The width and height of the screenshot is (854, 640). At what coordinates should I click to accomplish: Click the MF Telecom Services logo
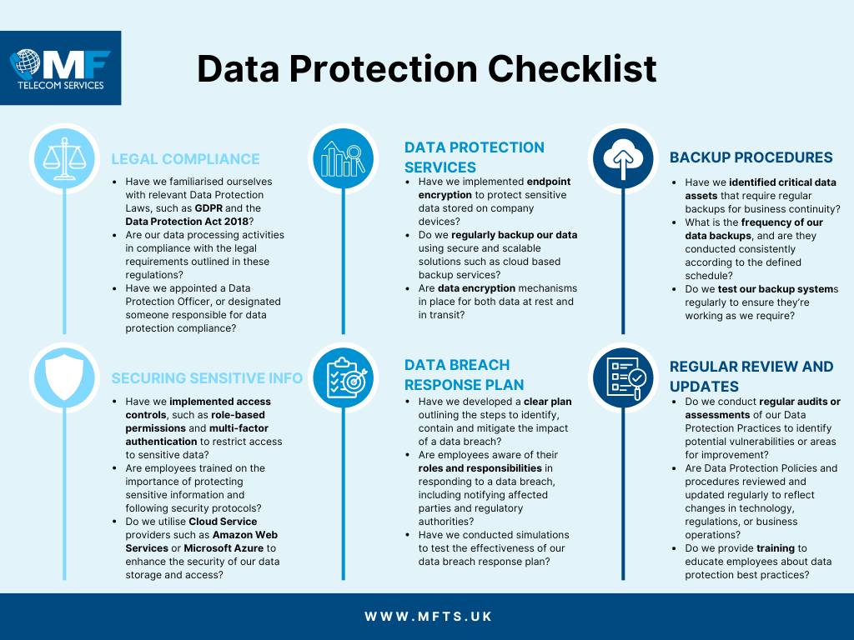pyautogui.click(x=60, y=68)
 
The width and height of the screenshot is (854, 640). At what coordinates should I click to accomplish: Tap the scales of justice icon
pyautogui.click(x=64, y=158)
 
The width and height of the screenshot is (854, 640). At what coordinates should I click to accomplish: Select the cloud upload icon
pyautogui.click(x=623, y=158)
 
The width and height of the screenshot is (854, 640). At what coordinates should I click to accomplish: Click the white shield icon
pyautogui.click(x=64, y=377)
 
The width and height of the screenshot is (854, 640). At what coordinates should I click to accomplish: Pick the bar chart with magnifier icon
pyautogui.click(x=343, y=158)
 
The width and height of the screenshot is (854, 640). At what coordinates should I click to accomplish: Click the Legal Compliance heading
pyautogui.click(x=185, y=159)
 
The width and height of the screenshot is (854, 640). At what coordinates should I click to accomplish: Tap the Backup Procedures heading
pyautogui.click(x=751, y=157)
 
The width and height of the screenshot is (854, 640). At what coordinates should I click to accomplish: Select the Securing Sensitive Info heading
pyautogui.click(x=207, y=378)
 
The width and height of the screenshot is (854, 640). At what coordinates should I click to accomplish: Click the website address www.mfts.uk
pyautogui.click(x=428, y=617)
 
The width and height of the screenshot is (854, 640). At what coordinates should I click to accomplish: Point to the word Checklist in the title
pyautogui.click(x=572, y=68)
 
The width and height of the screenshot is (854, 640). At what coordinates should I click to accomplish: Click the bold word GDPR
pyautogui.click(x=208, y=207)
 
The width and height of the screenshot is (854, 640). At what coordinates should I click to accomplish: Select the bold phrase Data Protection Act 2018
pyautogui.click(x=187, y=222)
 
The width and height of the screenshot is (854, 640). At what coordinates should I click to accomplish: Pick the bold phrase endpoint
pyautogui.click(x=549, y=182)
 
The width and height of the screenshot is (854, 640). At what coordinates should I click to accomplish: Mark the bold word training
pyautogui.click(x=776, y=548)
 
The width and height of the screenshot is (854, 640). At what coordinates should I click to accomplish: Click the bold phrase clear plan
pyautogui.click(x=547, y=402)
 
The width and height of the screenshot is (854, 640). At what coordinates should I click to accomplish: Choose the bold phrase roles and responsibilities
pyautogui.click(x=480, y=468)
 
